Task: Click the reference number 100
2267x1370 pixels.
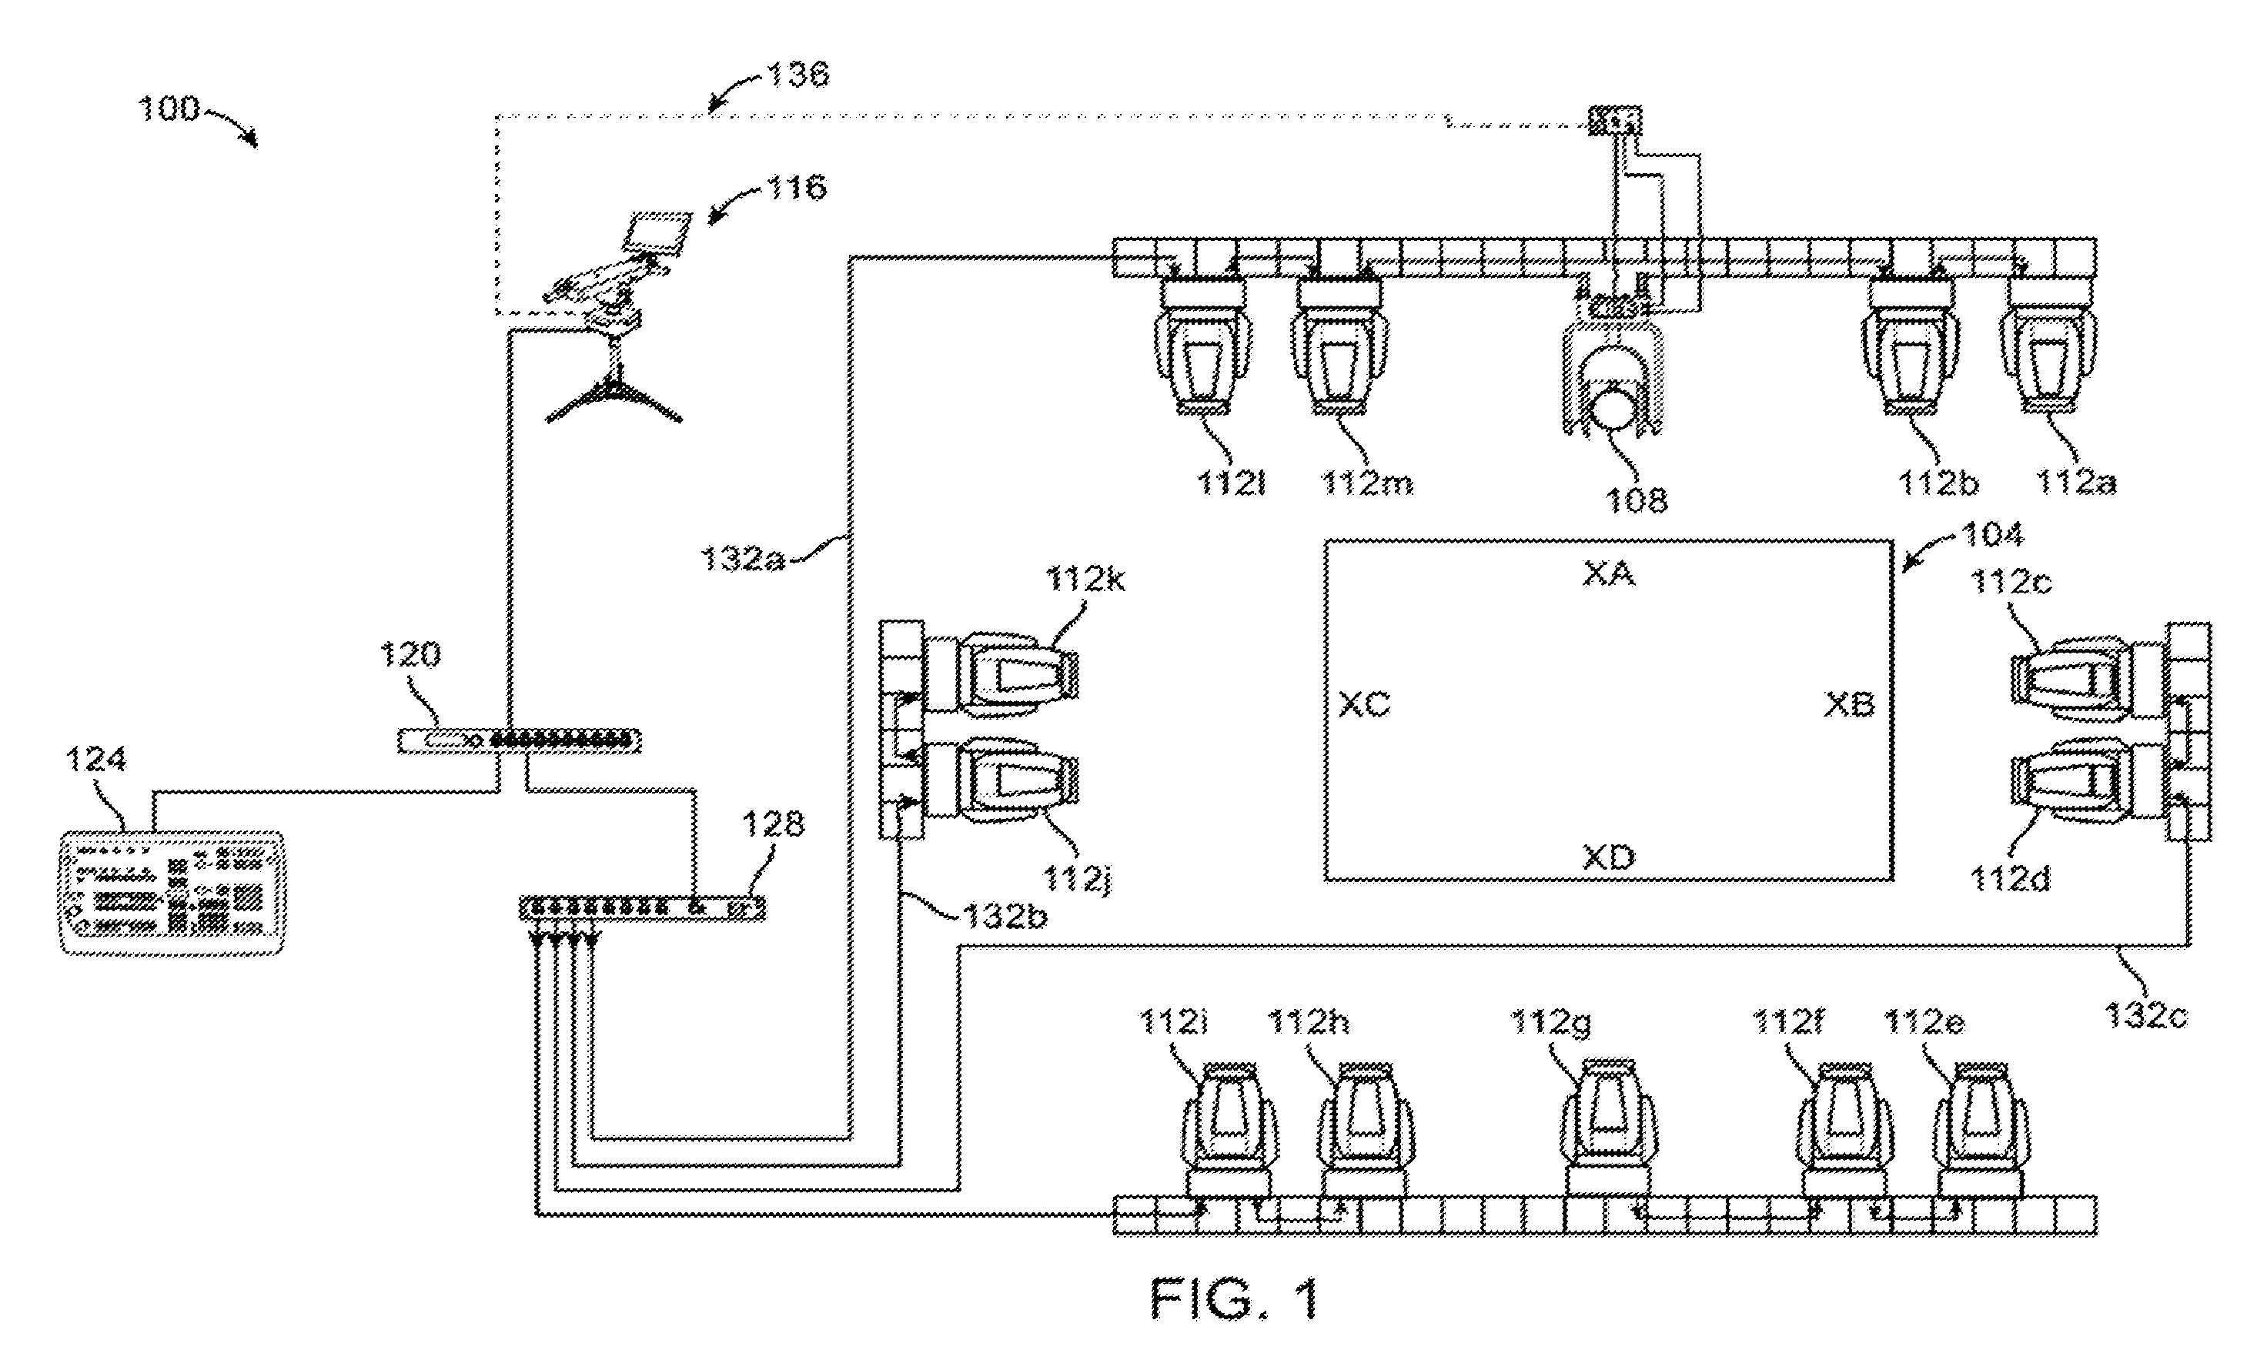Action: pyautogui.click(x=169, y=109)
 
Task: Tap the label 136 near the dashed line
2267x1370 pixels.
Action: pyautogui.click(x=797, y=74)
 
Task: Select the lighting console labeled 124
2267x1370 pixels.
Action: pyautogui.click(x=172, y=893)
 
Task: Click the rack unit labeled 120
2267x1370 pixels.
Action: pyautogui.click(x=519, y=740)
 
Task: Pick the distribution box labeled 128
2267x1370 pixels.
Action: pyautogui.click(x=642, y=908)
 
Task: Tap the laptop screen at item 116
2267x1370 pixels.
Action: pyautogui.click(x=657, y=232)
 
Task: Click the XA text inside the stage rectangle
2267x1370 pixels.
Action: pyautogui.click(x=1608, y=574)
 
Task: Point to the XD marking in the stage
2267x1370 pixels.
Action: pyautogui.click(x=1608, y=857)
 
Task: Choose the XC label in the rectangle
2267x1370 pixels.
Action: pyautogui.click(x=1364, y=705)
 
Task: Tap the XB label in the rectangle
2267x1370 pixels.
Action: pyautogui.click(x=1849, y=705)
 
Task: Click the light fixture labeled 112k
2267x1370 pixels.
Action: pyautogui.click(x=1001, y=674)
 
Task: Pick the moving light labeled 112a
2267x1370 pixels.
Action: pyautogui.click(x=2050, y=346)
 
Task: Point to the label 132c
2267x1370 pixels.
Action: pyautogui.click(x=2145, y=1015)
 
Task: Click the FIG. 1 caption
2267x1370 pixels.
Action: pyautogui.click(x=1235, y=1298)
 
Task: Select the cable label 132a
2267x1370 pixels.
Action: pyautogui.click(x=741, y=559)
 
